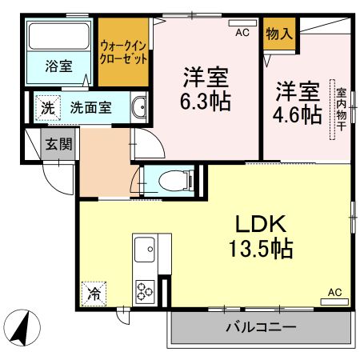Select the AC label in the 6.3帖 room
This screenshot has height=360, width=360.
[x=242, y=34]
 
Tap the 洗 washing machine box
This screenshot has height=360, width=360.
[x=48, y=106]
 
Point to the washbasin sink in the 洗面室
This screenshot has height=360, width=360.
[x=140, y=106]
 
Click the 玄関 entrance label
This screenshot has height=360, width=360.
[x=56, y=145]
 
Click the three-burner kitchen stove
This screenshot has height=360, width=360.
[x=146, y=289]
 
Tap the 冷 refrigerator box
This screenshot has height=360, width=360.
[x=94, y=293]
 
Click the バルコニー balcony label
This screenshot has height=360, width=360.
[x=260, y=327]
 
